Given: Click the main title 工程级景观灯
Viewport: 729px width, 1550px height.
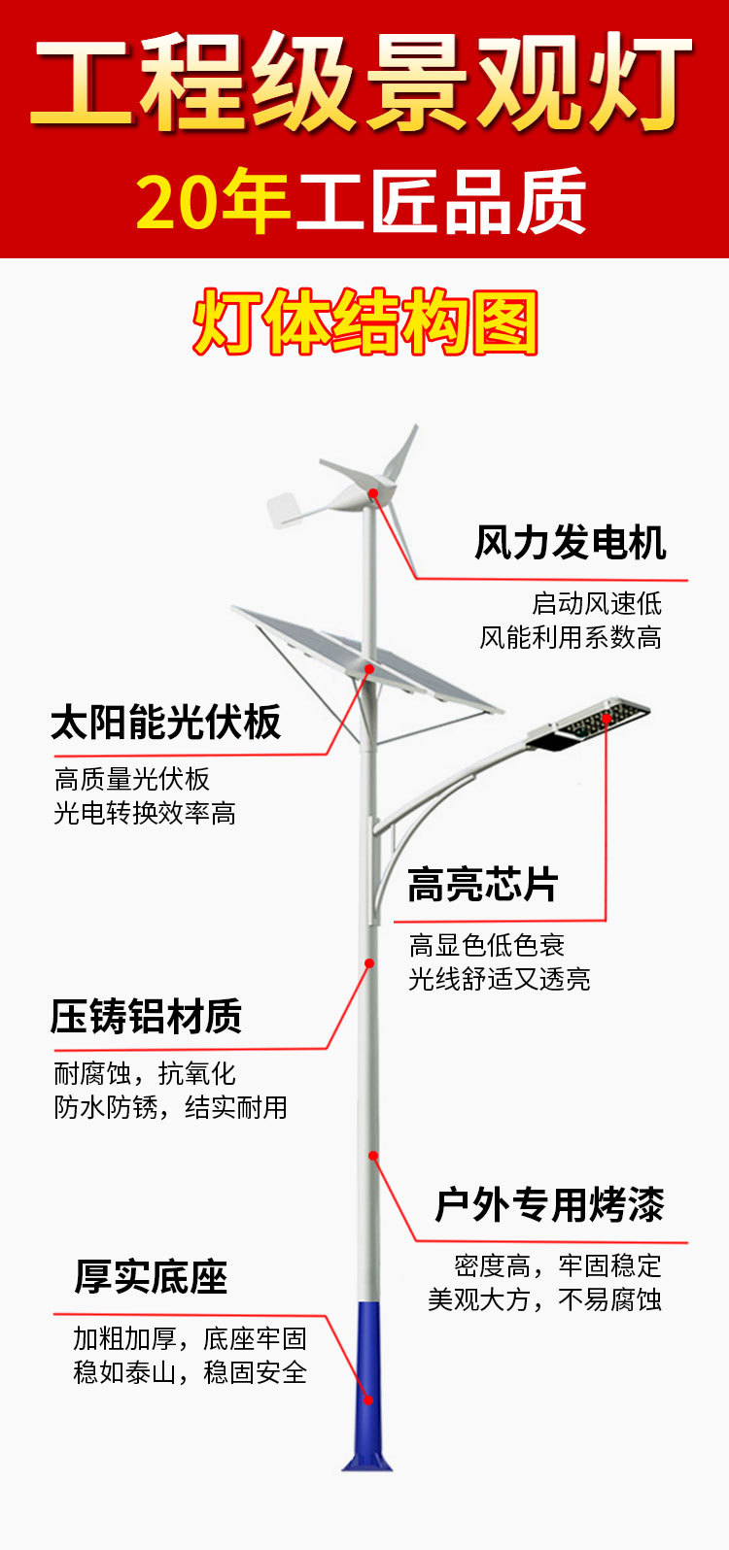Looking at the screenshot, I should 364,82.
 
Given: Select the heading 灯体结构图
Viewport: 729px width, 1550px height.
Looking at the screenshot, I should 365,322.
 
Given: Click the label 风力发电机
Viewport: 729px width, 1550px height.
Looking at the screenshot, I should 570,543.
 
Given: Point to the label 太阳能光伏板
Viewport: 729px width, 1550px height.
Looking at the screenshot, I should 166,723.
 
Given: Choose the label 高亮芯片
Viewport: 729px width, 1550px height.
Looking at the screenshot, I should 482,886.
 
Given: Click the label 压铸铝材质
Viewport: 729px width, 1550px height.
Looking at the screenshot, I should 146,1017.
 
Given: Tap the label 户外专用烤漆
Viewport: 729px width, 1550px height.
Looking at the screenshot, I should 549,1205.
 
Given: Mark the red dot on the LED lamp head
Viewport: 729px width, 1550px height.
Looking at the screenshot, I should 607,719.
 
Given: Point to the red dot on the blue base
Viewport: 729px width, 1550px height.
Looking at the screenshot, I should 368,1399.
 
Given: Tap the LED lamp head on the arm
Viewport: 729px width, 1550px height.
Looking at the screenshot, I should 588,724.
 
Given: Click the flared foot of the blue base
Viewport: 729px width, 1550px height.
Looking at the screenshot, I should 366,1459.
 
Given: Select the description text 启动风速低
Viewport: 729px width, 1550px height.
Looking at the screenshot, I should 597,603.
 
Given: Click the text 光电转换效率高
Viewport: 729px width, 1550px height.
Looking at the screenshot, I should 145,813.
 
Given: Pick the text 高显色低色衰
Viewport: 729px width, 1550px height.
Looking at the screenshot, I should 486,945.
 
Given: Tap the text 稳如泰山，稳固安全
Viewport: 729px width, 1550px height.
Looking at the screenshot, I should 190,1372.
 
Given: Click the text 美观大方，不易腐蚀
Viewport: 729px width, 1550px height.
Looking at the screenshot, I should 544,1299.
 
